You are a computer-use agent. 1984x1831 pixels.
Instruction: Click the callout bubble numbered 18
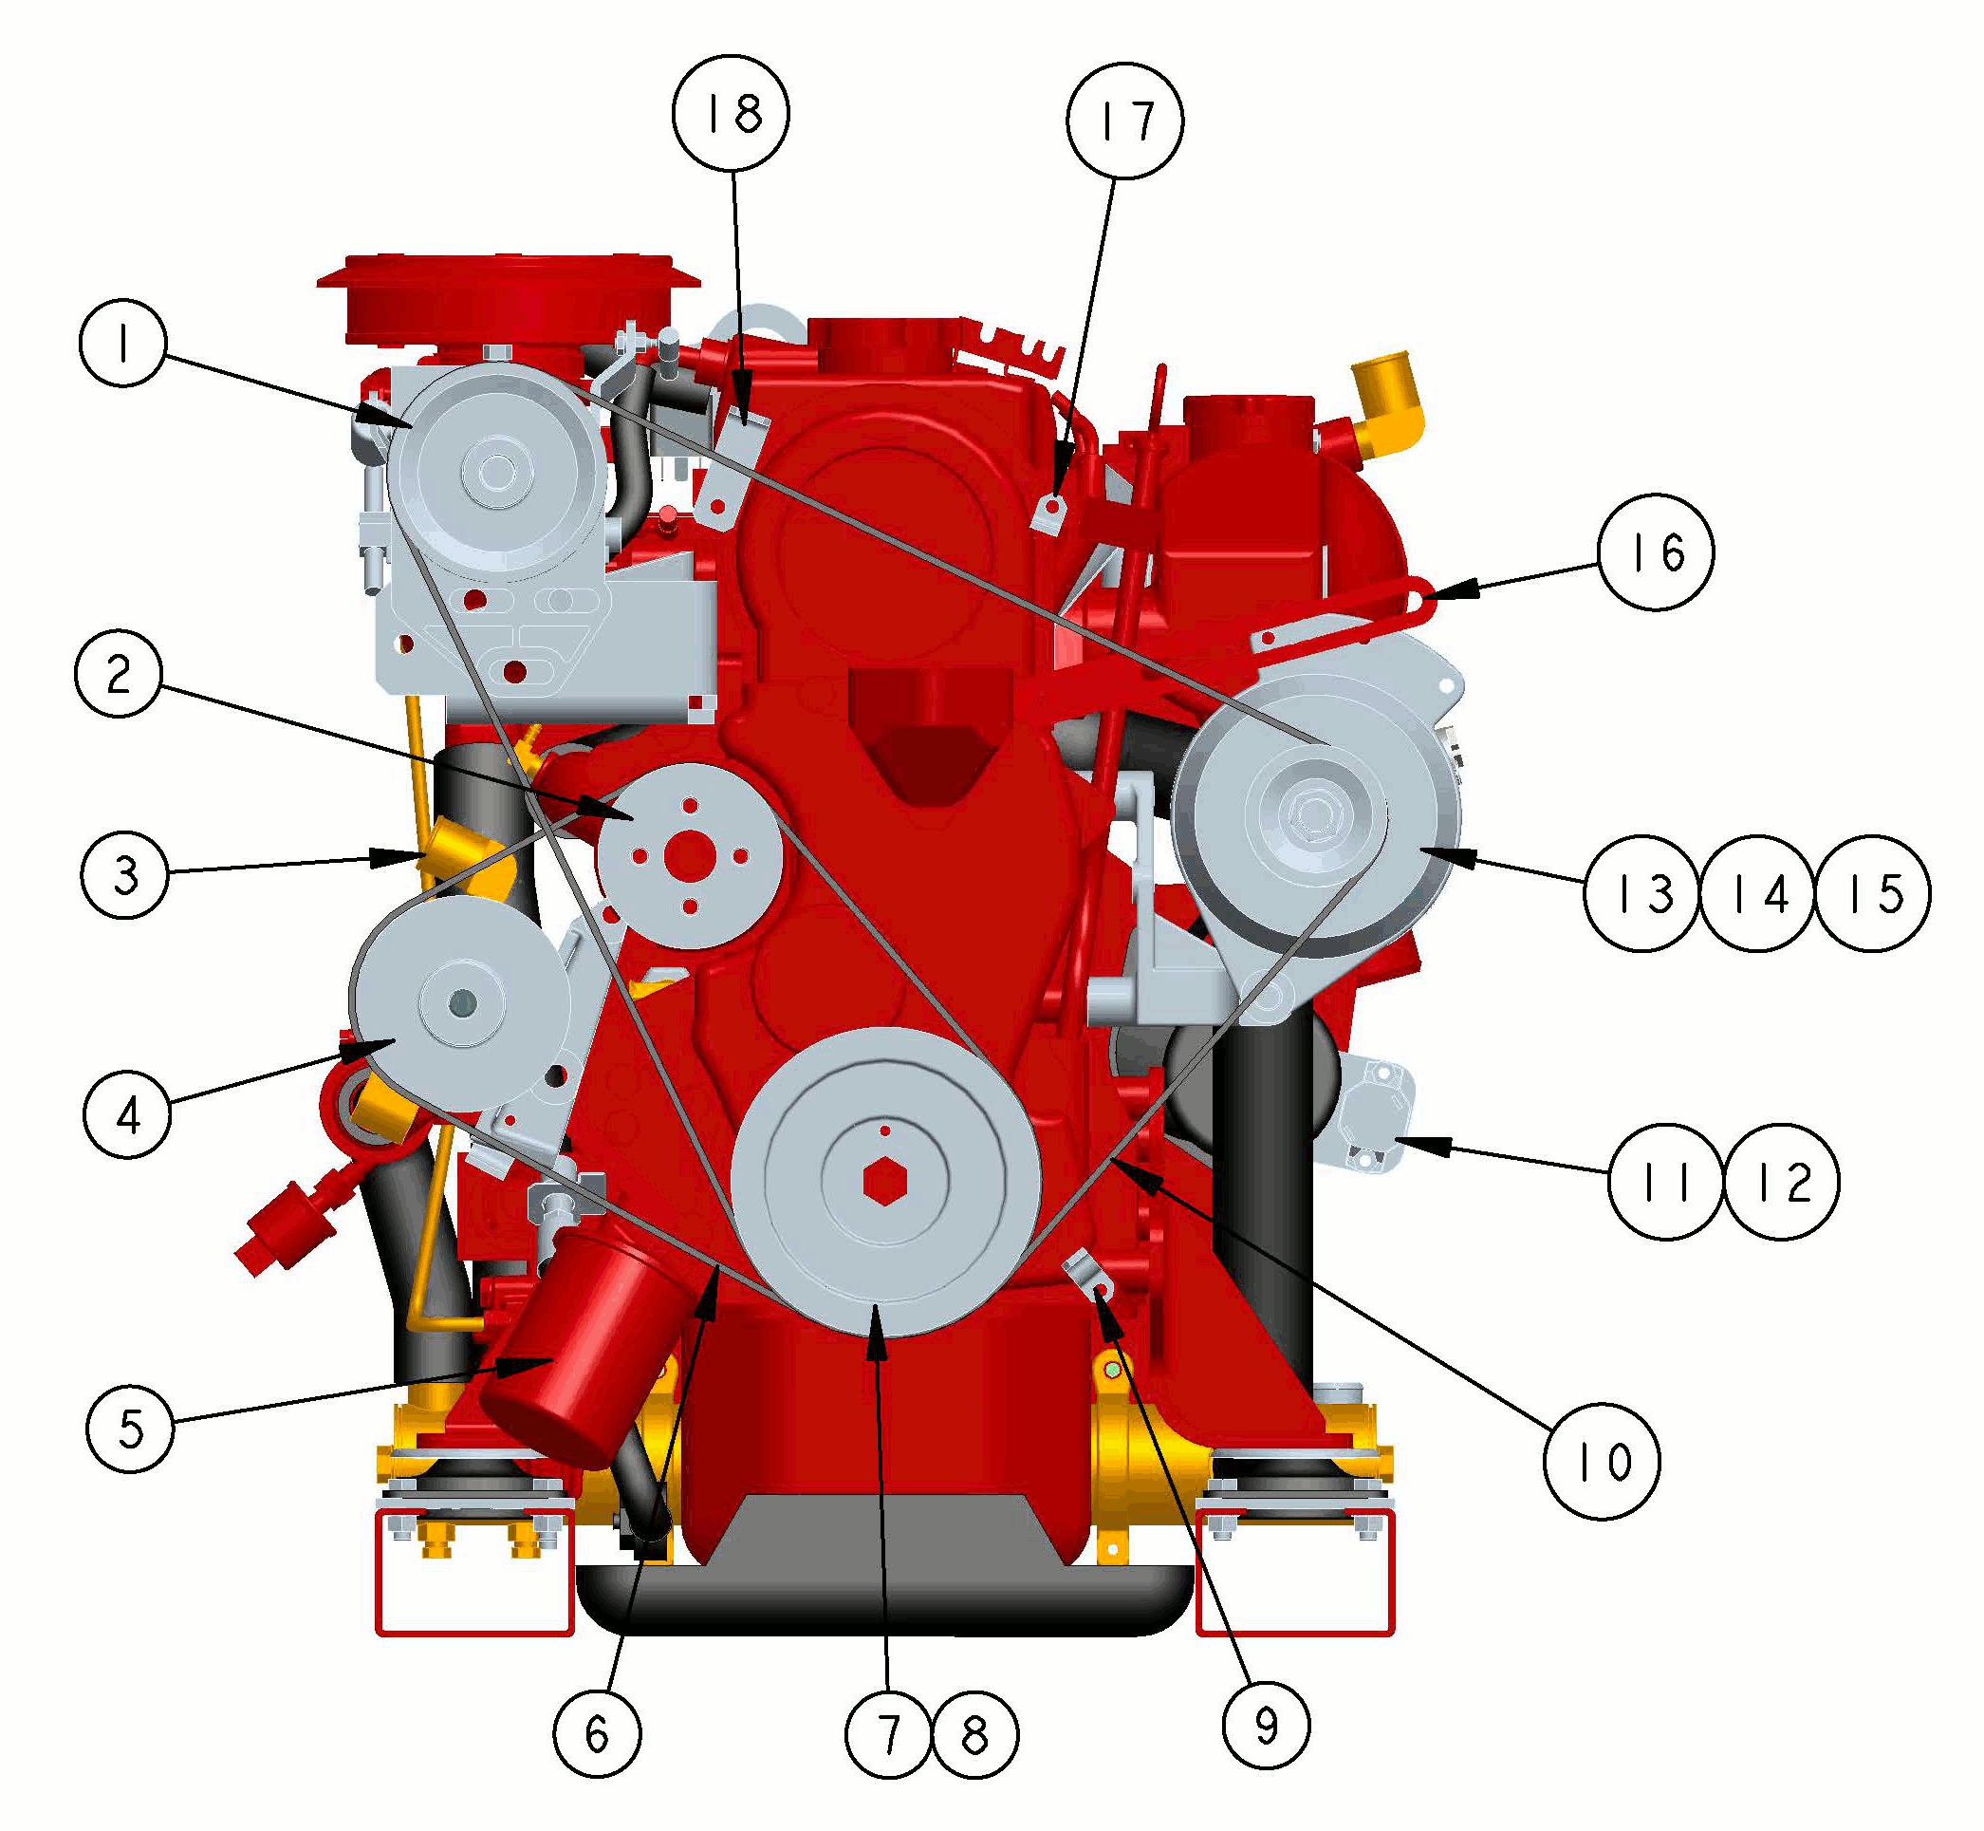point(731,114)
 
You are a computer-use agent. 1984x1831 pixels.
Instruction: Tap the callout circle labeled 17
point(1124,121)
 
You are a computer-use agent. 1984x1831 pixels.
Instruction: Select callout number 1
point(122,344)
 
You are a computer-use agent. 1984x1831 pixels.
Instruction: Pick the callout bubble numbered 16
point(1655,551)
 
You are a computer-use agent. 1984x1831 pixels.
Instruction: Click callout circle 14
point(1758,894)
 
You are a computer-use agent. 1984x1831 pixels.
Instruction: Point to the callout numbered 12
point(1782,1181)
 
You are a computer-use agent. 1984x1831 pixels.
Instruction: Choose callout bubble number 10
point(1602,1462)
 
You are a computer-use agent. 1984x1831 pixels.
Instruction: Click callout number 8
point(974,1735)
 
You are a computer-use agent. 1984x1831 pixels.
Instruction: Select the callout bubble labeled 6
point(597,1734)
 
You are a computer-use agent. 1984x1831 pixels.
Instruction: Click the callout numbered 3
point(125,875)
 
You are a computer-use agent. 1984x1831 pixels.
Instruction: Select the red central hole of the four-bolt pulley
point(690,853)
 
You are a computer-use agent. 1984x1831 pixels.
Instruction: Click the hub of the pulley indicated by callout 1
point(494,472)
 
